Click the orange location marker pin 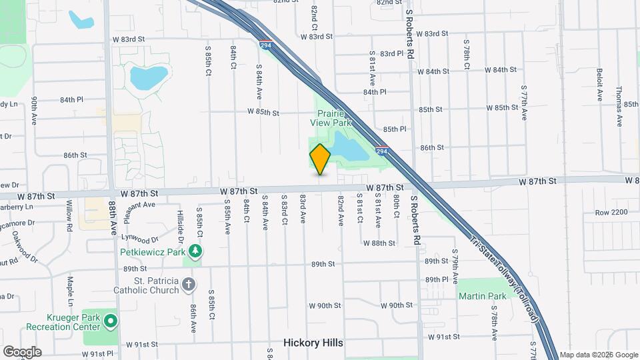(x=320, y=159)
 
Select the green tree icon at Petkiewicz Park (x=195, y=251)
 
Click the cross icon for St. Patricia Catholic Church (x=189, y=285)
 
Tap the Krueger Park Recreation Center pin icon (x=111, y=322)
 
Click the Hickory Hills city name (x=313, y=343)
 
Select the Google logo (x=21, y=351)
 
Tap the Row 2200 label (x=611, y=212)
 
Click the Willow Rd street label (x=69, y=219)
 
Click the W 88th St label (x=379, y=243)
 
